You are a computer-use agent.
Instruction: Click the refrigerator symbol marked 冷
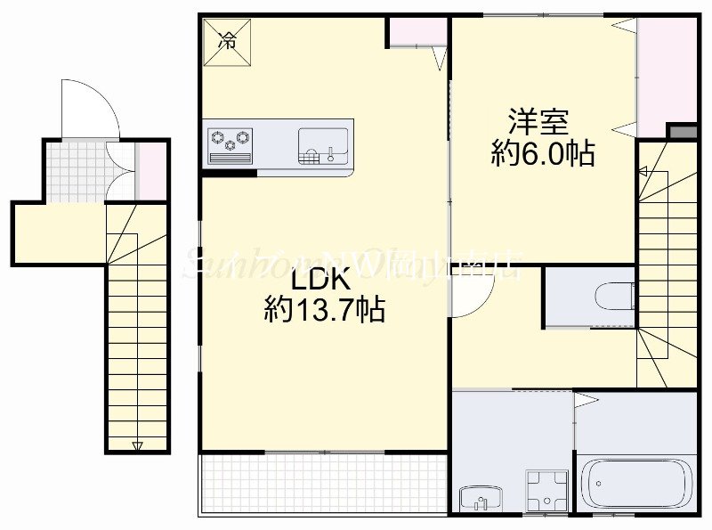point(229,40)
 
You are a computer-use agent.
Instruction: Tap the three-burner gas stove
point(231,142)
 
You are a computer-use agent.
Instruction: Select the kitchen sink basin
point(323,143)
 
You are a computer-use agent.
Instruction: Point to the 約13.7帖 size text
point(324,310)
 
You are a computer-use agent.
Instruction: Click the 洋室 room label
point(538,121)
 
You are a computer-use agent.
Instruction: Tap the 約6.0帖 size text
point(543,153)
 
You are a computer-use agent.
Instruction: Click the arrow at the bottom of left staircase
point(135,444)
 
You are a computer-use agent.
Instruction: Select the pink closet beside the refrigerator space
point(416,31)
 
